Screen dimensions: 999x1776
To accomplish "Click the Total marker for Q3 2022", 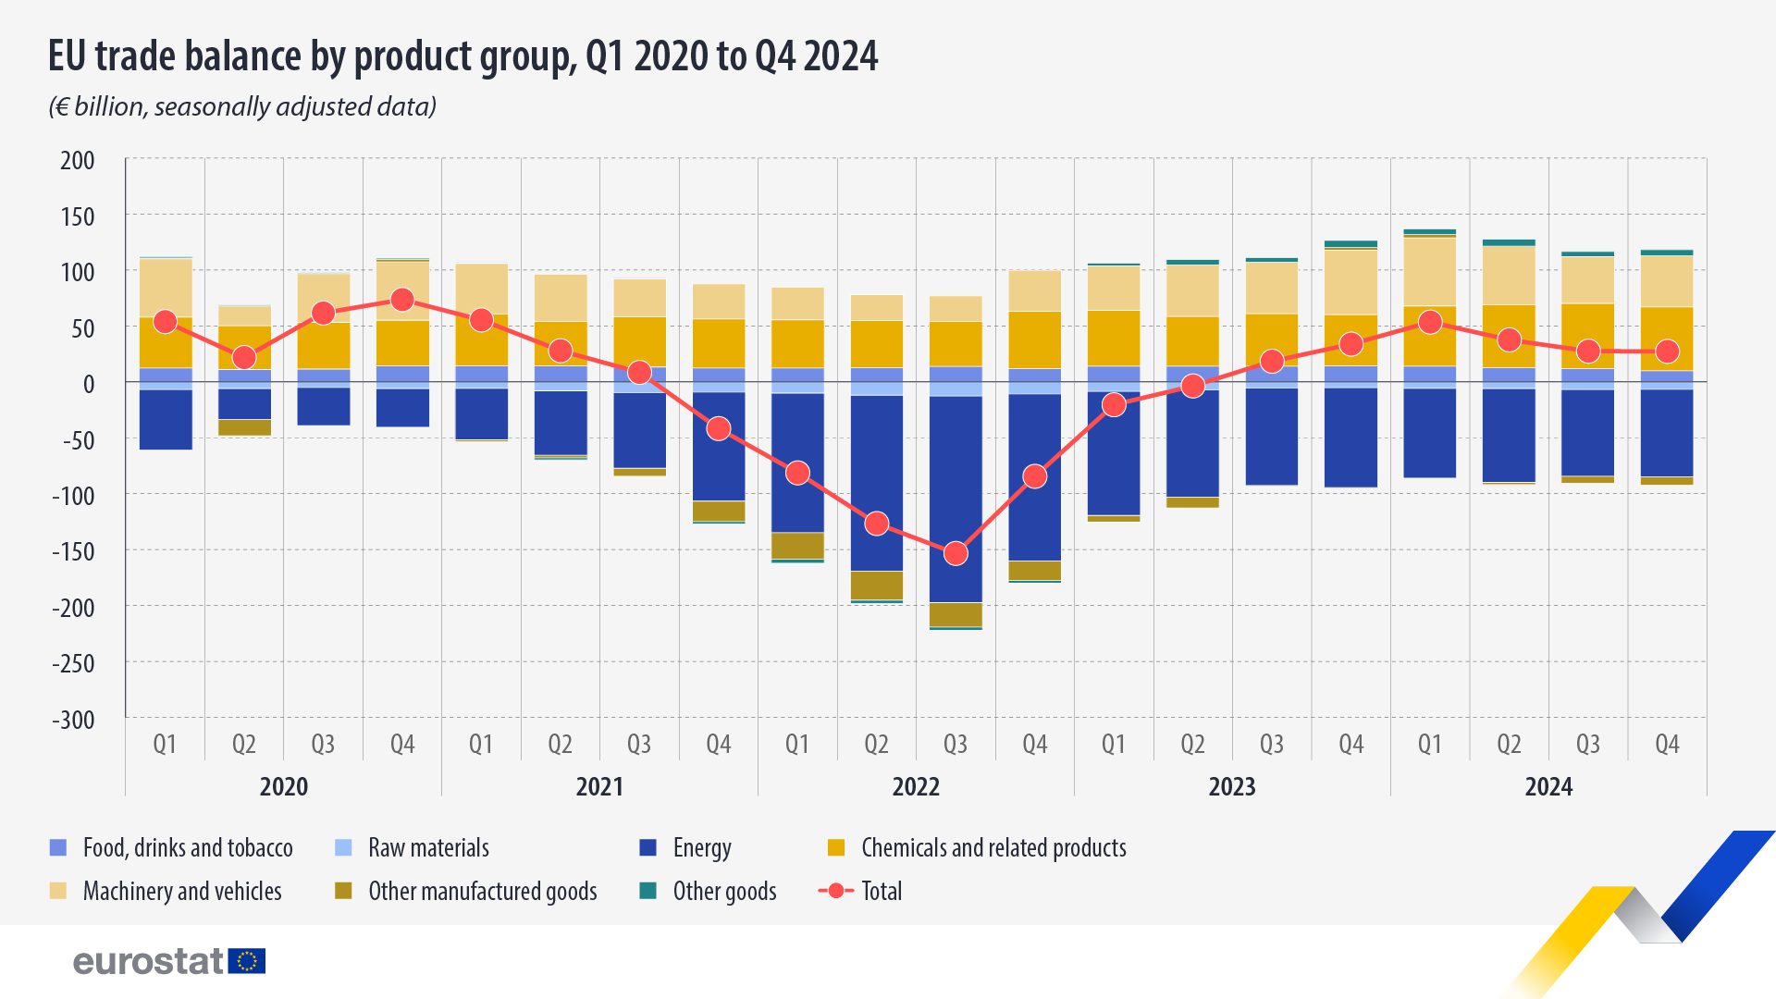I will pos(956,553).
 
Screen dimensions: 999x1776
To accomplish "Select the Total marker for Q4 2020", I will pos(402,299).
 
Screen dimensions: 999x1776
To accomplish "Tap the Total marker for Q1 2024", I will pos(1430,322).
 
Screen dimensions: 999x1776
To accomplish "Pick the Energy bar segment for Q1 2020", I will pos(166,419).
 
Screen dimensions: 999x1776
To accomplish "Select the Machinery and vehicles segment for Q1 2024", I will pos(1430,271).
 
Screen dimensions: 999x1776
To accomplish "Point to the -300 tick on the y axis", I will pos(73,720).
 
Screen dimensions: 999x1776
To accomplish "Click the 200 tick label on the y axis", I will pos(78,160).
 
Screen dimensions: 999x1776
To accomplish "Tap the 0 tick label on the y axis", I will pos(89,384).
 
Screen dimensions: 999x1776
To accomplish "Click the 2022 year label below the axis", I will pos(916,787).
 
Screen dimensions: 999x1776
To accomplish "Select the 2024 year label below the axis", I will pos(1548,787).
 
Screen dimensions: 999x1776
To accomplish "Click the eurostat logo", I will pos(169,961).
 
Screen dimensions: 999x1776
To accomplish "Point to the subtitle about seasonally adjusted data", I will pos(242,106).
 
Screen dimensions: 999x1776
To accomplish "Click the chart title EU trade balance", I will pos(462,55).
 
